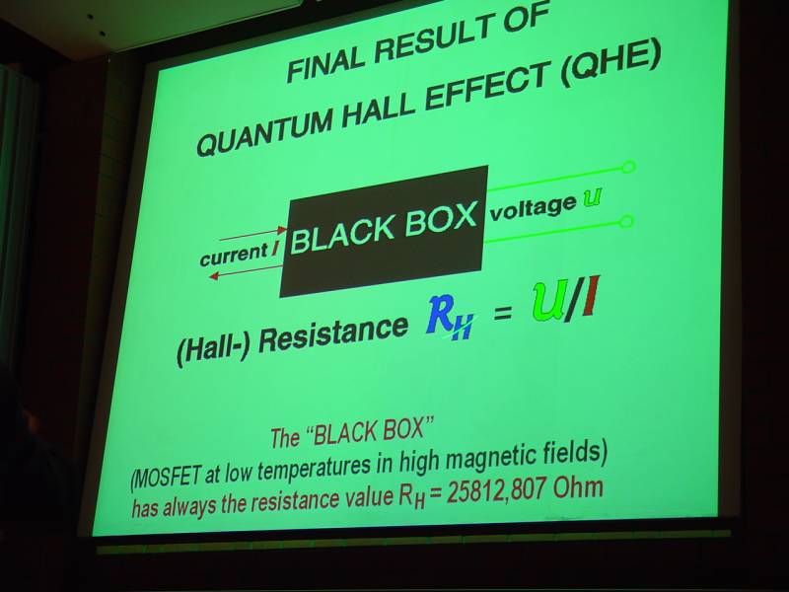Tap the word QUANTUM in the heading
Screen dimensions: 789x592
pyautogui.click(x=264, y=131)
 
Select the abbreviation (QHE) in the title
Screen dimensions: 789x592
pyautogui.click(x=610, y=66)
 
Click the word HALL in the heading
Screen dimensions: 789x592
pyautogui.click(x=380, y=108)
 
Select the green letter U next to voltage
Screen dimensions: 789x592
pyautogui.click(x=593, y=198)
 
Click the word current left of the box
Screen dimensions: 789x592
pyautogui.click(x=234, y=254)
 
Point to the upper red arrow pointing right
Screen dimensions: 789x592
pyautogui.click(x=253, y=234)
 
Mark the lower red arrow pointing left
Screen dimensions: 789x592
pyautogui.click(x=247, y=270)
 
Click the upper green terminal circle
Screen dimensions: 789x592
pyautogui.click(x=628, y=167)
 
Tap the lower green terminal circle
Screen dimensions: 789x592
pyautogui.click(x=626, y=221)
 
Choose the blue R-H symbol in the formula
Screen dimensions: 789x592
pyautogui.click(x=451, y=318)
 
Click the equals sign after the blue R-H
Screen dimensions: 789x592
pyautogui.click(x=503, y=314)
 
